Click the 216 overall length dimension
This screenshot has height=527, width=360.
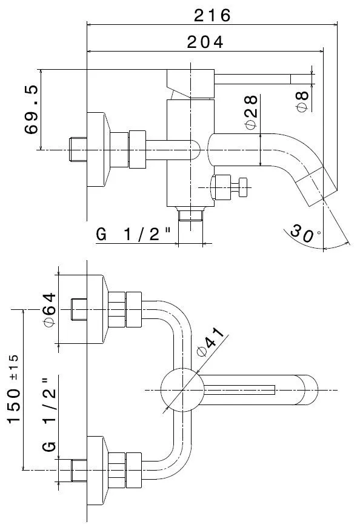(x=212, y=15)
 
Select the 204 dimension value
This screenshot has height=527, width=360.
(x=205, y=42)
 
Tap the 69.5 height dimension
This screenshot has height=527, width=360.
(x=32, y=110)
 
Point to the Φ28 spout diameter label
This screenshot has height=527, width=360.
(x=251, y=112)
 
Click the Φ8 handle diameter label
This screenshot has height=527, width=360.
(x=302, y=101)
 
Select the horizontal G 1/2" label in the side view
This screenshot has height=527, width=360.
(x=133, y=234)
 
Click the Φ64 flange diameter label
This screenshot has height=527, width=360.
(x=50, y=309)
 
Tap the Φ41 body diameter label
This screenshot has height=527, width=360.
(x=211, y=341)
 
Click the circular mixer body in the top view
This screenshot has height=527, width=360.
(x=182, y=390)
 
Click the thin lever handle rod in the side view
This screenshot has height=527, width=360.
(x=263, y=79)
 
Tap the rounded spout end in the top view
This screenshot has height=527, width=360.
(x=308, y=390)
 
